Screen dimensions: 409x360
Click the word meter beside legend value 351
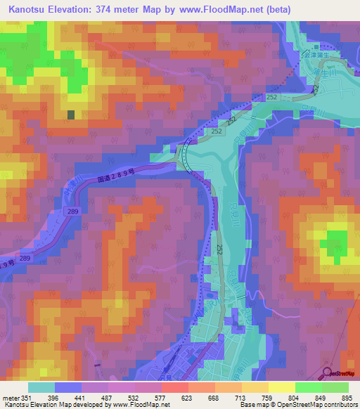point(11,398)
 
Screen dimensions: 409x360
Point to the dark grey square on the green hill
point(70,115)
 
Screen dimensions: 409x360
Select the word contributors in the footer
point(340,404)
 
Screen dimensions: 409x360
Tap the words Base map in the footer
point(252,404)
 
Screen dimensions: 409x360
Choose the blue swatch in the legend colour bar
point(68,387)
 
